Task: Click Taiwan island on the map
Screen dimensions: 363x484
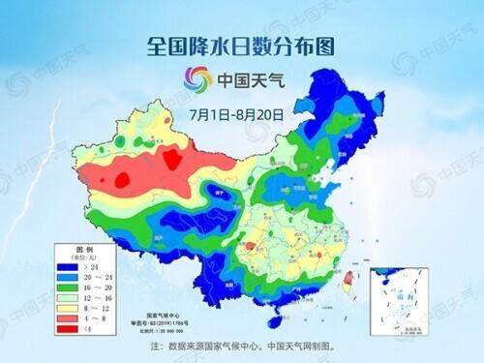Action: [x=348, y=282]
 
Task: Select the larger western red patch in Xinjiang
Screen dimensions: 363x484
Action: [x=124, y=180]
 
